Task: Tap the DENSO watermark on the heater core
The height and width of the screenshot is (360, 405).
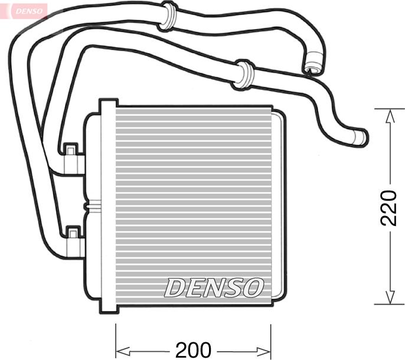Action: pyautogui.click(x=213, y=287)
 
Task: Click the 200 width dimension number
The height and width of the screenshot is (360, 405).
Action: pyautogui.click(x=193, y=349)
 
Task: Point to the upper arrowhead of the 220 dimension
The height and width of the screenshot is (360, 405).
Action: pyautogui.click(x=388, y=117)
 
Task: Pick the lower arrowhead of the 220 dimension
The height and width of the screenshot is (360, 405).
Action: pyautogui.click(x=388, y=296)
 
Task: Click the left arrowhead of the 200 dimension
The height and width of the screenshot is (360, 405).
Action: pyautogui.click(x=122, y=349)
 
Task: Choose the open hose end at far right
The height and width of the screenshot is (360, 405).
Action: pyautogui.click(x=360, y=137)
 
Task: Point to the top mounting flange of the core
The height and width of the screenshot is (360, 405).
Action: pyautogui.click(x=108, y=107)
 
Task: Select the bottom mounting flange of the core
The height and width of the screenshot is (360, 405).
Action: pyautogui.click(x=108, y=306)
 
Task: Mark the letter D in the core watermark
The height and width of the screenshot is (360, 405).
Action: pyautogui.click(x=175, y=287)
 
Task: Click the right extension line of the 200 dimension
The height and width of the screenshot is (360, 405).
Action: pyautogui.click(x=270, y=339)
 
